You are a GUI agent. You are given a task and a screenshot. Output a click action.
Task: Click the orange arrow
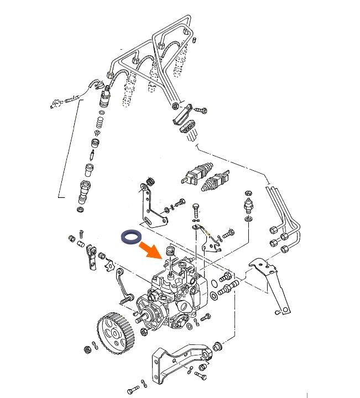point(153,249)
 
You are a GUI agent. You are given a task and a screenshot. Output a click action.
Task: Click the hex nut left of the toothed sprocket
point(87,349)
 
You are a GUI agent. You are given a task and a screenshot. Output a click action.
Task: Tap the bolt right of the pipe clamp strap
point(201,111)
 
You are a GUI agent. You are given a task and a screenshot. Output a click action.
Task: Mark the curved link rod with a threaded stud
point(124,287)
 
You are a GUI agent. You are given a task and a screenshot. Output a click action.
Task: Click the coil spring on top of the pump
point(170,253)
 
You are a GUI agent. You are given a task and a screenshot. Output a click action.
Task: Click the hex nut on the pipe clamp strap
point(175,106)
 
